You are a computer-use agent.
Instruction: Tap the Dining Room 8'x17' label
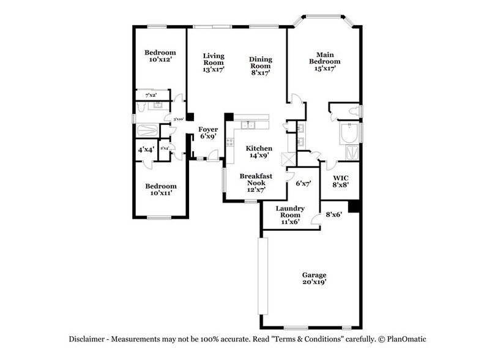pyautogui.click(x=260, y=66)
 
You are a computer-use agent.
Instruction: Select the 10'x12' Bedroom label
pyautogui.click(x=160, y=56)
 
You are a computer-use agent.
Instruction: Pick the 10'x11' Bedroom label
pyautogui.click(x=160, y=189)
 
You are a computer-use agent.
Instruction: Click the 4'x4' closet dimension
pyautogui.click(x=145, y=149)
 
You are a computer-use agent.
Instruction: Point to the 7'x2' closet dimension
pyautogui.click(x=151, y=96)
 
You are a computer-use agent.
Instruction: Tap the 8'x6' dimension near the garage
pyautogui.click(x=333, y=214)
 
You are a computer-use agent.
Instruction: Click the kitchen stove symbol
pyautogui.click(x=230, y=145)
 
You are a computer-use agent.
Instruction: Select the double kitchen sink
pyautogui.click(x=248, y=126)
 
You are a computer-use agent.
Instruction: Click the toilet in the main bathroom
pyautogui.click(x=354, y=111)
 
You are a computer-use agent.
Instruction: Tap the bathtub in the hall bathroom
pyautogui.click(x=148, y=130)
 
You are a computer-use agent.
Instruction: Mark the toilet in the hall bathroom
pyautogui.click(x=140, y=106)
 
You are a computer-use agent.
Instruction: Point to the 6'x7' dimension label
pyautogui.click(x=303, y=182)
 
